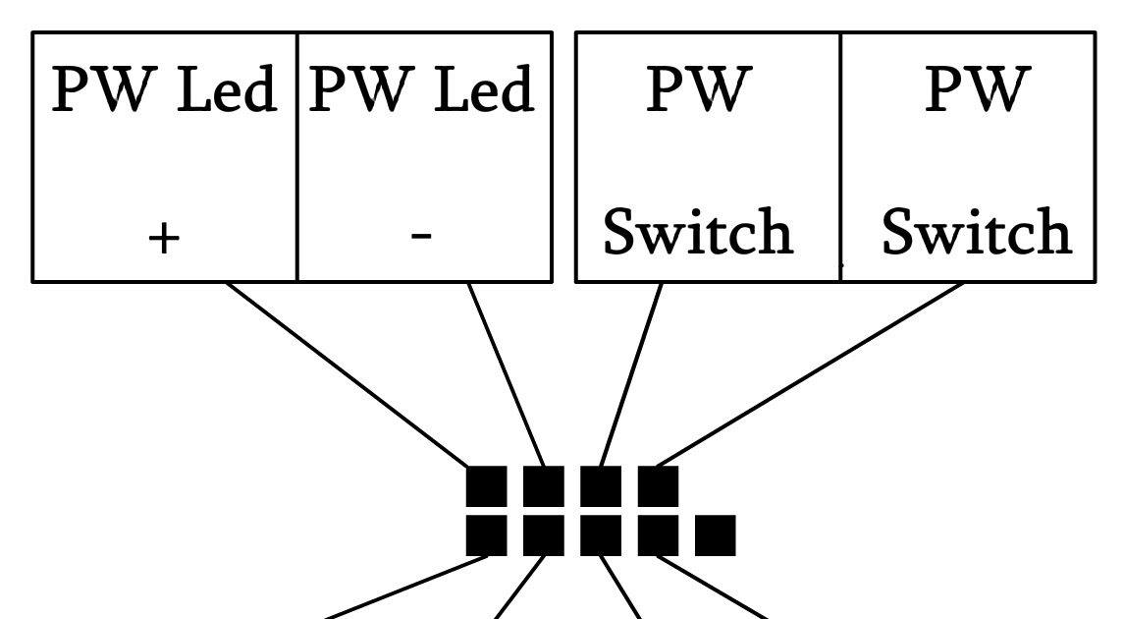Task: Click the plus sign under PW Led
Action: pyautogui.click(x=163, y=238)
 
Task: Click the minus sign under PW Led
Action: pyautogui.click(x=421, y=235)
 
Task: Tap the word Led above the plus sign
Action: pyautogui.click(x=227, y=89)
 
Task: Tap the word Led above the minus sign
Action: pyautogui.click(x=484, y=89)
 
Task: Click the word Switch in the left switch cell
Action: pyautogui.click(x=698, y=231)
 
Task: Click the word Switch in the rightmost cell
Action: pyautogui.click(x=977, y=231)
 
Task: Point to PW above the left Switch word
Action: pyautogui.click(x=699, y=89)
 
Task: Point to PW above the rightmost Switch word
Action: pyautogui.click(x=978, y=89)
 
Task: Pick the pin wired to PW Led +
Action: pyautogui.click(x=487, y=485)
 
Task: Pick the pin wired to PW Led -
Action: pyautogui.click(x=544, y=485)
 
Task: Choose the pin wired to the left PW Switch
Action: pyautogui.click(x=601, y=485)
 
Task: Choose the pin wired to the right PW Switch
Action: pyautogui.click(x=658, y=485)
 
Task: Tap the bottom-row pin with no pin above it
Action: pyautogui.click(x=716, y=535)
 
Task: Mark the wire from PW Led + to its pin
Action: pyautogui.click(x=347, y=374)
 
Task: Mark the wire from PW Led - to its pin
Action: pyautogui.click(x=507, y=374)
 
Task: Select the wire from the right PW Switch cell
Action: pyautogui.click(x=810, y=374)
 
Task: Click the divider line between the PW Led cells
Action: pyautogui.click(x=296, y=157)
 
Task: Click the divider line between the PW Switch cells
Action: pyautogui.click(x=840, y=157)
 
